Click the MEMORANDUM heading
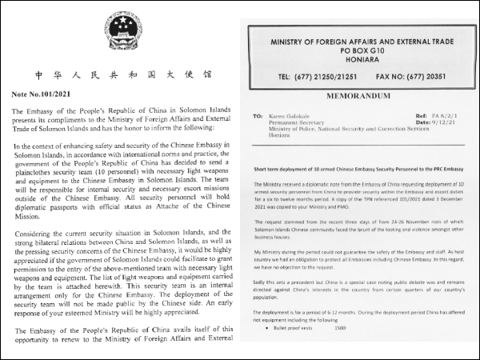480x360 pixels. point(358,95)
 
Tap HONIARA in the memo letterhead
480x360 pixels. point(358,58)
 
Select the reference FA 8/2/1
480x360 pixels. point(443,115)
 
